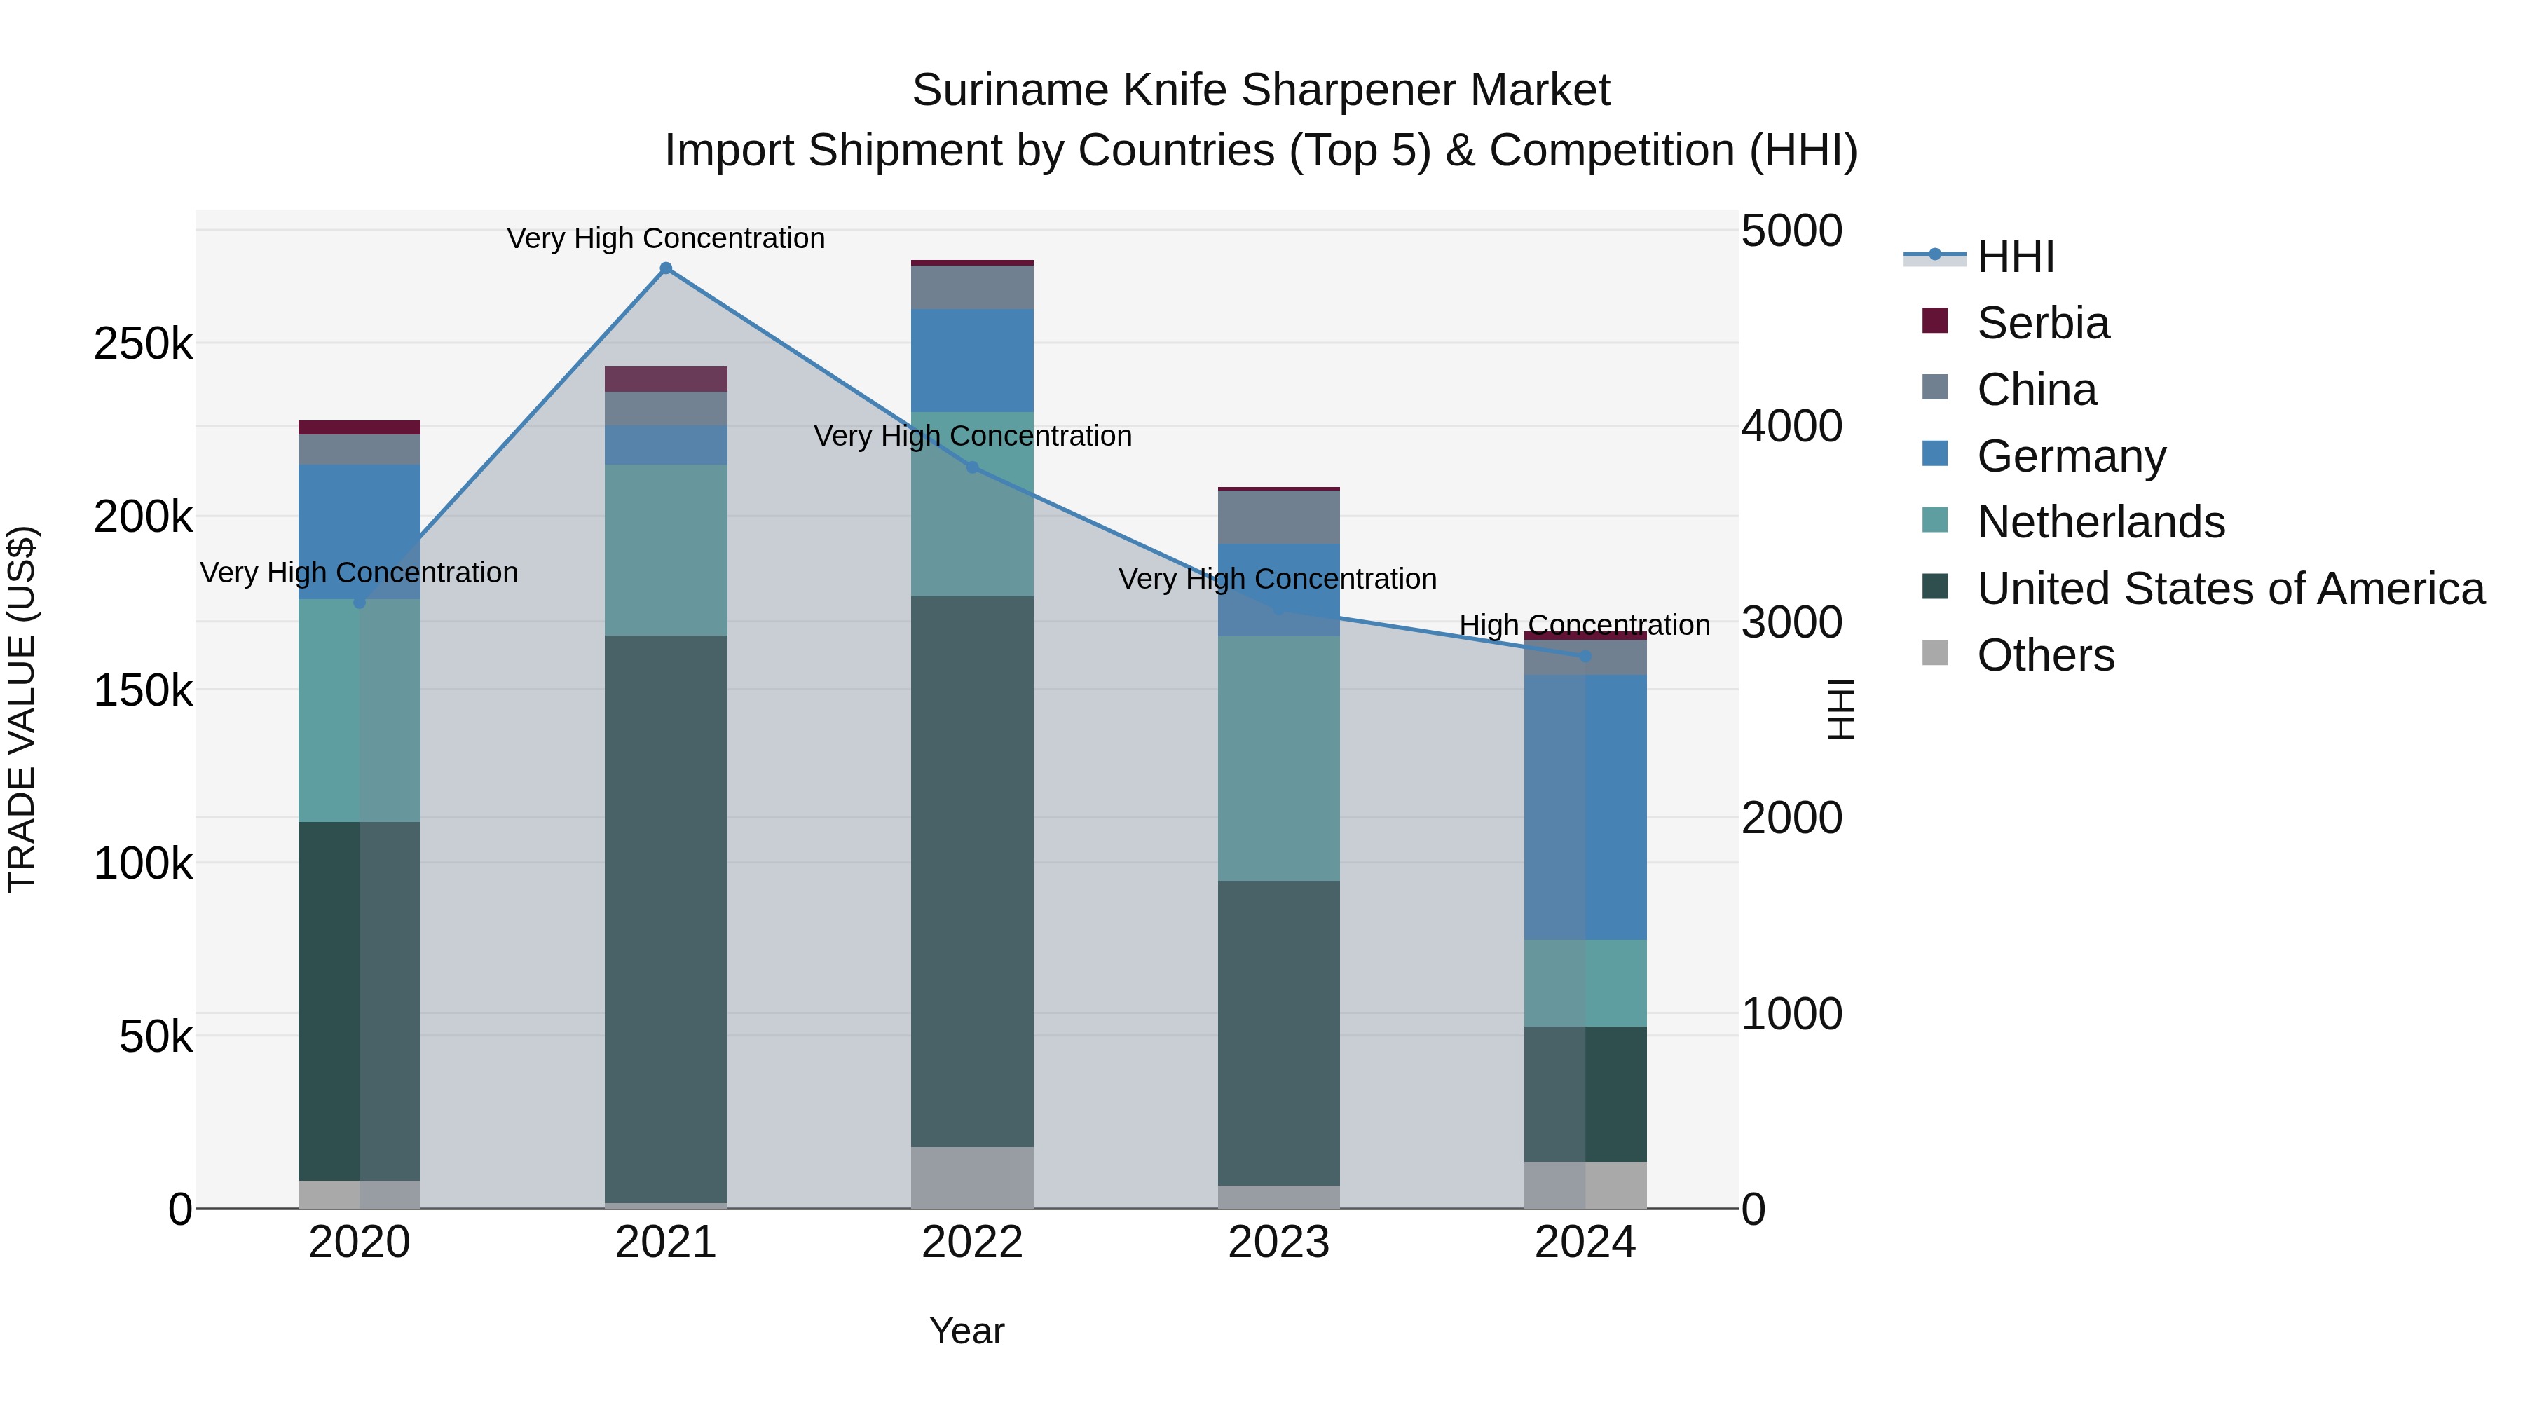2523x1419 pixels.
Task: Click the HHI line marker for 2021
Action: [666, 268]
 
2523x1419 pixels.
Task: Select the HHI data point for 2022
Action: [973, 467]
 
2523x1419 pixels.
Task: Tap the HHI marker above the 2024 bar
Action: [1586, 656]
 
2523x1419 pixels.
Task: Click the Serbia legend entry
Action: [2042, 323]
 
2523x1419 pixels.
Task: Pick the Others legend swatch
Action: [1935, 653]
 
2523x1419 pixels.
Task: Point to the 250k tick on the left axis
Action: [143, 345]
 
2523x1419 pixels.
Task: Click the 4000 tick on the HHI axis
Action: [1791, 427]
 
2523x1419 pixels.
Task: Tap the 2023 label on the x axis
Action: [1278, 1242]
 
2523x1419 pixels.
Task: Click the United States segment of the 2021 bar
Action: [666, 919]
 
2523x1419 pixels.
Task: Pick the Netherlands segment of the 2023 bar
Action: [1278, 758]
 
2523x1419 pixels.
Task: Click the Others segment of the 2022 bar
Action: [973, 1177]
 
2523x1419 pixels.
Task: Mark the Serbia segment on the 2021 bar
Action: [666, 379]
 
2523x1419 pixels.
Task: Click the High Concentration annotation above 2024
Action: [1585, 625]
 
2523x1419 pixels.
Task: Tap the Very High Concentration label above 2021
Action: [666, 238]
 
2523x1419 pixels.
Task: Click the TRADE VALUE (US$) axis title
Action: [22, 709]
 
